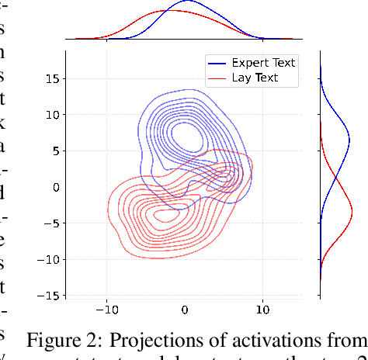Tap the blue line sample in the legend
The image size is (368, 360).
tap(218, 63)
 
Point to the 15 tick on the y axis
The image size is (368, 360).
tap(52, 78)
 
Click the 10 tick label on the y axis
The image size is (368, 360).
tap(52, 115)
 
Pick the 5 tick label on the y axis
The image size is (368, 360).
tap(55, 151)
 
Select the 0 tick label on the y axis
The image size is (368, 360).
tap(55, 187)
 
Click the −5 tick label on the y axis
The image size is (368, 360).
tap(52, 223)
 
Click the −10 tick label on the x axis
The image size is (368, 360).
tap(106, 310)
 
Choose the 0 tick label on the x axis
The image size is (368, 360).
tap(185, 310)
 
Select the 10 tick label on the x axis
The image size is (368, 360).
tap(262, 310)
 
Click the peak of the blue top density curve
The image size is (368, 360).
tap(188, 2)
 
